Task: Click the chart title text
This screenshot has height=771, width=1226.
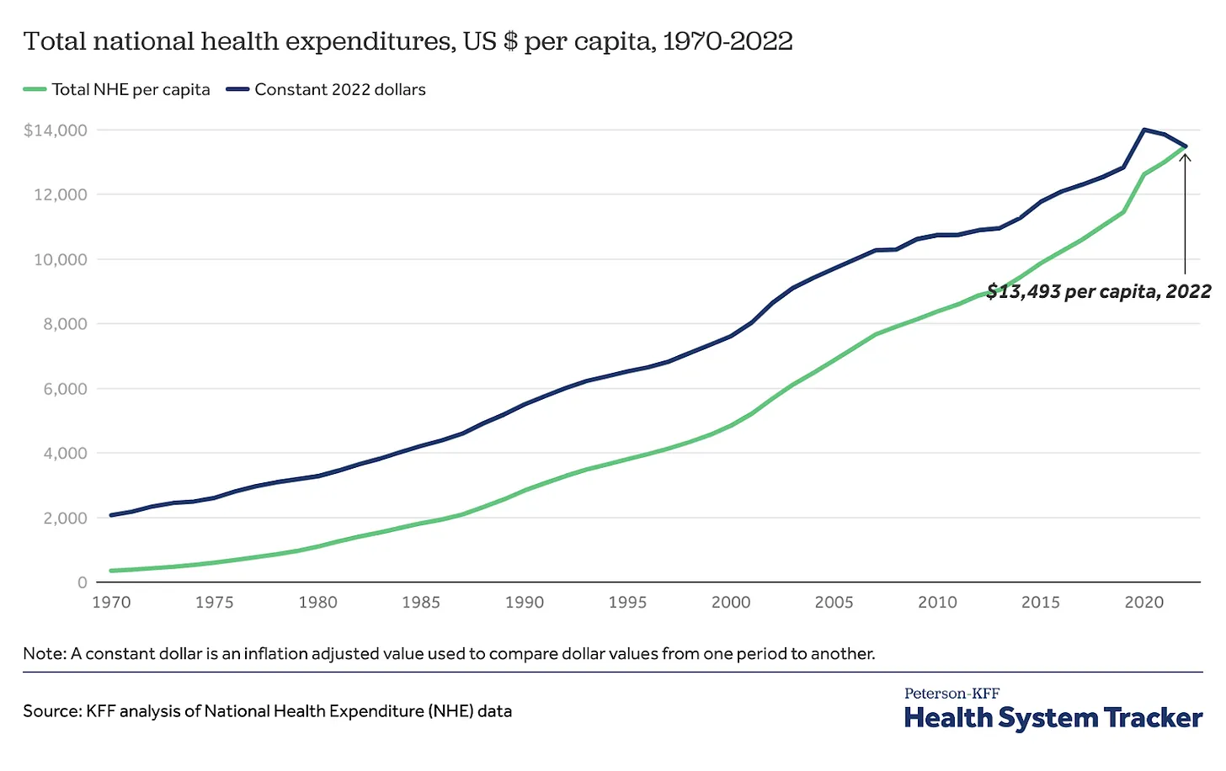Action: tap(408, 41)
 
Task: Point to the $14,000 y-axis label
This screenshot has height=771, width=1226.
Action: tap(56, 130)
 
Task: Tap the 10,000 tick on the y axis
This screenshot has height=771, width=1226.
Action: tap(60, 260)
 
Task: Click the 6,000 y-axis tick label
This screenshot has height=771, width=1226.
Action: tap(65, 389)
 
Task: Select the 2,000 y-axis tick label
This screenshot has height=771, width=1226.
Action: tap(65, 518)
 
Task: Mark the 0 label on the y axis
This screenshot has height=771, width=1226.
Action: tap(82, 582)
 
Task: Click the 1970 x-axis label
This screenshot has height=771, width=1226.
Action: tap(111, 603)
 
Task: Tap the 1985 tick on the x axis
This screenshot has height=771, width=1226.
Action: tap(421, 603)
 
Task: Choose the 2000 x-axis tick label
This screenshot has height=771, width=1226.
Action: tap(731, 603)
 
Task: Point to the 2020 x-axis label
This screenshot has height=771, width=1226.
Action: tap(1144, 603)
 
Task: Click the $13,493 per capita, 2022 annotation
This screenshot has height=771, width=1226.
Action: tap(1098, 292)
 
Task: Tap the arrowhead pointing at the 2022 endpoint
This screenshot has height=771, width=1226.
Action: tap(1185, 156)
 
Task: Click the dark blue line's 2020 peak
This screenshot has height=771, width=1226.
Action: tap(1143, 130)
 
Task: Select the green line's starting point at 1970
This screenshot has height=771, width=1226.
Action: tap(111, 571)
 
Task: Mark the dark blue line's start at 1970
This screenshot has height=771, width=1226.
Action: tap(111, 515)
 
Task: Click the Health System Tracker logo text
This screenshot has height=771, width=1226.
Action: tap(1053, 718)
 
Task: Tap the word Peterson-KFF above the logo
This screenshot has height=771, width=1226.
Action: tap(951, 694)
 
